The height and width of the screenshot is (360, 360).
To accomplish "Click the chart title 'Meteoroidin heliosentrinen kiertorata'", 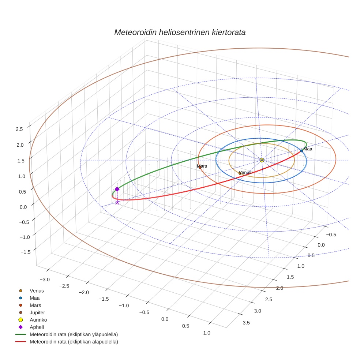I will (180, 32).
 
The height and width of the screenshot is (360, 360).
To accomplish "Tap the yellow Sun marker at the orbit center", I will (262, 160).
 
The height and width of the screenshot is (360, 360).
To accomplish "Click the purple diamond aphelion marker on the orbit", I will (117, 189).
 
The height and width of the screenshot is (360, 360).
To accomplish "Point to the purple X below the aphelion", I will (117, 202).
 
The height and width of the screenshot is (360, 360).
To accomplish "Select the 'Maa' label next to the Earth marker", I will (307, 149).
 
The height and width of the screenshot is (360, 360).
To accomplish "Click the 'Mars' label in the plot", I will (202, 166).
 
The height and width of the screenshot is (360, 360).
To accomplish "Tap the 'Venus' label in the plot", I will (245, 172).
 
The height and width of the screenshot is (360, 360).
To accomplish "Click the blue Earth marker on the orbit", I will (301, 151).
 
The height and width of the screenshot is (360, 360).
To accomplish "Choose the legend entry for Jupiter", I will (37, 312).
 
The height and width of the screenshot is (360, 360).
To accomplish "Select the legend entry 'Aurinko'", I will (38, 320).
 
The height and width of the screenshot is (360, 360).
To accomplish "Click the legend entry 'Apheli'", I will (37, 327).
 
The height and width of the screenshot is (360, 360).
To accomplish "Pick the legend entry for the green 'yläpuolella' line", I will (73, 334).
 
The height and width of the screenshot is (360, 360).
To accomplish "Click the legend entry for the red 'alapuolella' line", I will (74, 342).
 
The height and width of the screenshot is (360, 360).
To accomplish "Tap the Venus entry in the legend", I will (37, 290).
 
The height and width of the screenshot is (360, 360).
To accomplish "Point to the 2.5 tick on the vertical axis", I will (19, 129).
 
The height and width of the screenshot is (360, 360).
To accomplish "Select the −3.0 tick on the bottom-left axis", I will (45, 280).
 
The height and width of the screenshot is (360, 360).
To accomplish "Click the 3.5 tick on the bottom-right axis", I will (246, 322).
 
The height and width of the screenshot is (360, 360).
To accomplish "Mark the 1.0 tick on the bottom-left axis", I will (206, 333).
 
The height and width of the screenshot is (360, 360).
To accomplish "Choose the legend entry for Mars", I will (35, 305).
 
